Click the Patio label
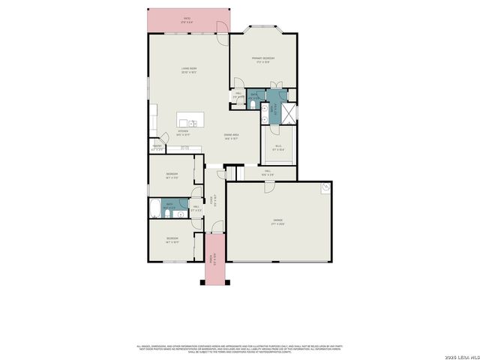tap(187, 20)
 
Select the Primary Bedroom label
tap(263, 60)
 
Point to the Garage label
tap(278, 222)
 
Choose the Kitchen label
tap(182, 132)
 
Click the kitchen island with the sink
tap(187, 122)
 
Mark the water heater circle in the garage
tap(326, 188)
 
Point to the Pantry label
tap(157, 148)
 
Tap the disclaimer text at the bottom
tap(239, 347)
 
